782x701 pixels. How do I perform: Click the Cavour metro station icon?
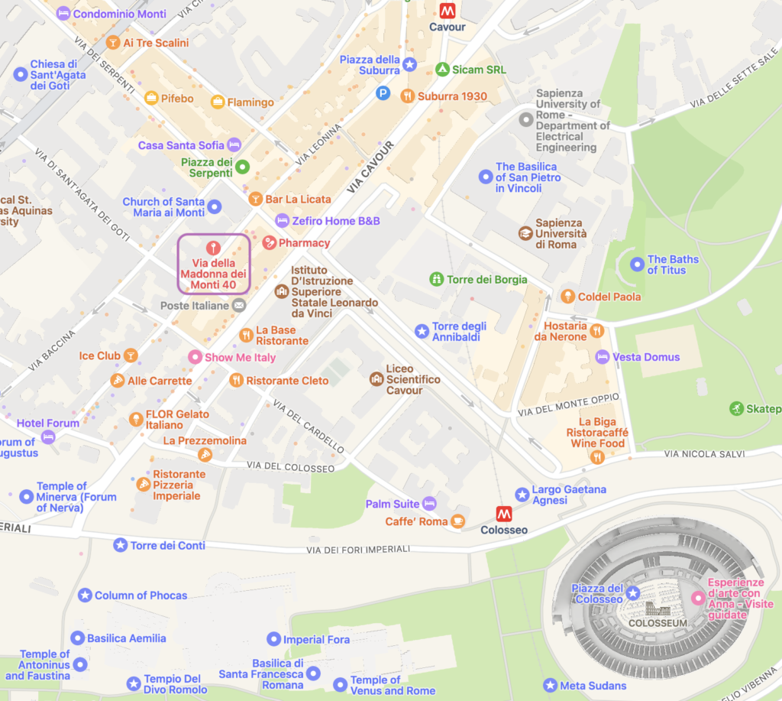pos(447,11)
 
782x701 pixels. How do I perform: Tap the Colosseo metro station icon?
pos(504,514)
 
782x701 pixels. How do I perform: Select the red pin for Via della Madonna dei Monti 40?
pos(214,248)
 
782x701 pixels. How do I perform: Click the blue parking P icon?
pos(383,93)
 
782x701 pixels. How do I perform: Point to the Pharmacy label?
pos(304,243)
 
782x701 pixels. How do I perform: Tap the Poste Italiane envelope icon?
pos(239,306)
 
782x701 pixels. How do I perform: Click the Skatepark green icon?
pos(736,409)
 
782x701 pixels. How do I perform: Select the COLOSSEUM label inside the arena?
pos(658,623)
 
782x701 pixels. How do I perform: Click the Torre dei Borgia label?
pos(487,280)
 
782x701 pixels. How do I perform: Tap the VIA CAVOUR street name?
pos(370,166)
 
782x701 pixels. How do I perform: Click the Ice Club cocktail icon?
pos(131,355)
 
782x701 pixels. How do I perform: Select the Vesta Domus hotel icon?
pos(603,357)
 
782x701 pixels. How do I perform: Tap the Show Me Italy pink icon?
pos(195,358)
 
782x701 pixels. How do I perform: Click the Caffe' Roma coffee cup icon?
pos(457,521)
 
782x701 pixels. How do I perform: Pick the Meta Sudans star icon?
pos(550,686)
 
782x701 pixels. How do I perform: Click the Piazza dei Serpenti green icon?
pos(242,167)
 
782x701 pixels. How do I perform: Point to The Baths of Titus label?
pos(673,264)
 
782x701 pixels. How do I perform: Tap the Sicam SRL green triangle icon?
pos(441,70)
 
